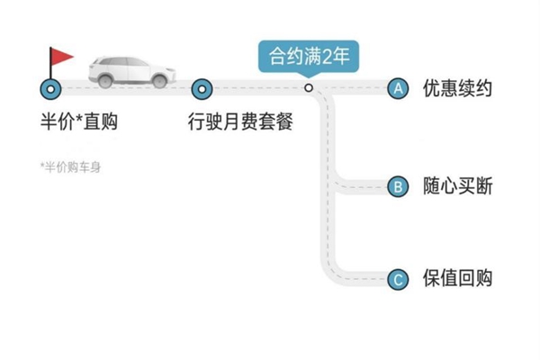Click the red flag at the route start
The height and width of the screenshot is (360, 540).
tap(61, 56)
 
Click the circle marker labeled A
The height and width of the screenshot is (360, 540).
tap(397, 88)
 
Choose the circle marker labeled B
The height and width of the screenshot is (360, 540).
tap(397, 187)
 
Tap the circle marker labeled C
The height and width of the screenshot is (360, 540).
tap(397, 279)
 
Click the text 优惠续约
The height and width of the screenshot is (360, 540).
tap(458, 89)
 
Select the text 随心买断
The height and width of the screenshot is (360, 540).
tap(458, 187)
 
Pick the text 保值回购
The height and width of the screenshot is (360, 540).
tap(458, 279)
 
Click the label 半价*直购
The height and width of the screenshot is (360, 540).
tap(79, 121)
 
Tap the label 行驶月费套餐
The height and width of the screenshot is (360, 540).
tap(241, 121)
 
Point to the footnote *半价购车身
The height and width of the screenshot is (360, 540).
tap(71, 166)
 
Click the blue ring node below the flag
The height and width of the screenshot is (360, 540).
tap(50, 88)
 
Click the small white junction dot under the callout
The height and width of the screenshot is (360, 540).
tap(308, 88)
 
